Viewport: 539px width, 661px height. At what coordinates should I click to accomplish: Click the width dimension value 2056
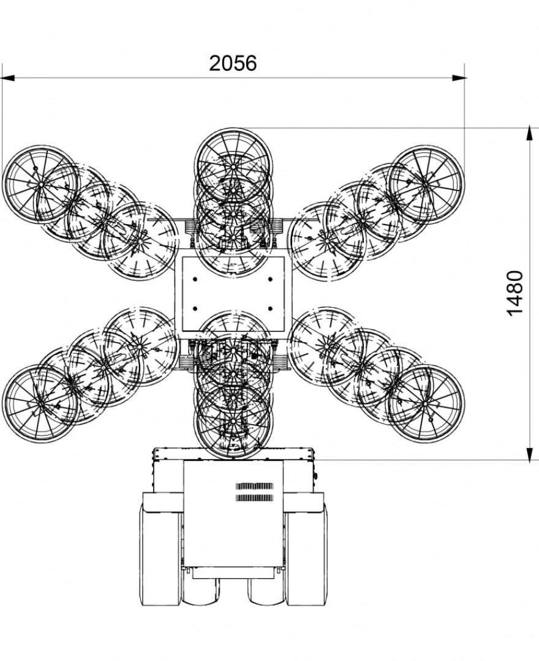pos(233,63)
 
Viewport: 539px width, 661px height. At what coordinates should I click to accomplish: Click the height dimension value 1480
pos(515,293)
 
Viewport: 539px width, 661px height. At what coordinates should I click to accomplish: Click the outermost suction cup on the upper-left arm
pos(40,184)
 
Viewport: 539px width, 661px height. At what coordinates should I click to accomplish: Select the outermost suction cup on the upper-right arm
pos(426,184)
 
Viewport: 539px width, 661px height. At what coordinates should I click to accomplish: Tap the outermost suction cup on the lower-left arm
pos(40,404)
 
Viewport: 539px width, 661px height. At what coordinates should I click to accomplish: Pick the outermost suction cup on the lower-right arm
pos(426,404)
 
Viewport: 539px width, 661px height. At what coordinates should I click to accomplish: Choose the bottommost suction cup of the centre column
pos(233,422)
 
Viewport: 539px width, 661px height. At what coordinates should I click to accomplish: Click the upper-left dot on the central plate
pos(195,279)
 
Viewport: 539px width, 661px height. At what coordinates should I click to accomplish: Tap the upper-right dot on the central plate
pos(270,279)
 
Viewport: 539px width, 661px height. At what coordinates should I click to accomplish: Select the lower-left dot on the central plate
pos(195,308)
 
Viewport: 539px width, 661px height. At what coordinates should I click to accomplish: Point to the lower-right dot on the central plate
pos(270,308)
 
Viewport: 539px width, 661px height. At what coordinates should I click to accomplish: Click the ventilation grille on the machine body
pos(254,491)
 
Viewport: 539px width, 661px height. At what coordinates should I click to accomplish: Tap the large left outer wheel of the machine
pos(160,556)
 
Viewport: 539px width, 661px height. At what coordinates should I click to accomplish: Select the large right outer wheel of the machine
pos(306,556)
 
